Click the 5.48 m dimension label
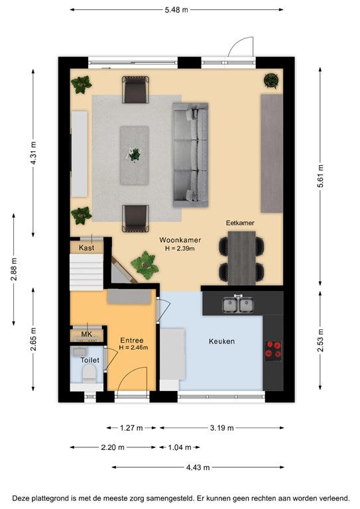176,10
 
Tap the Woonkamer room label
180,240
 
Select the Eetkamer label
240,223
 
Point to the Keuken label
221,341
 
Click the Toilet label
90,361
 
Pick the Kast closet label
86,248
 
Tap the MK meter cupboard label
87,334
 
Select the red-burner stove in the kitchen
273,350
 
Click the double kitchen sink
238,304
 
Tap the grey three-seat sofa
190,155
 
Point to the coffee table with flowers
135,156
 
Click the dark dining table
242,258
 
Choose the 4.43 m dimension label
198,467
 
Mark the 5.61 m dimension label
320,176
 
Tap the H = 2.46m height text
133,348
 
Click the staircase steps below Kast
86,272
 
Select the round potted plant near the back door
271,80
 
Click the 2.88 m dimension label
14,269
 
